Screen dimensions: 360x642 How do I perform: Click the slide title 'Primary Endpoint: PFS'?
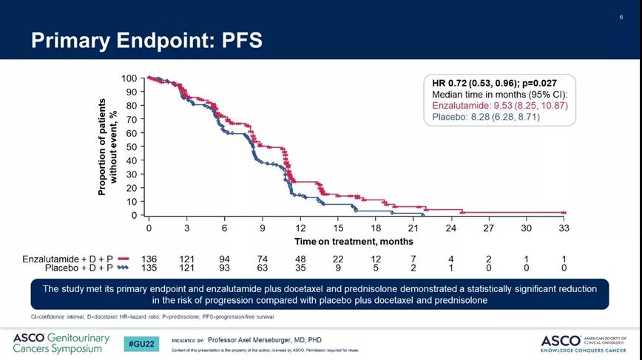[x=146, y=40]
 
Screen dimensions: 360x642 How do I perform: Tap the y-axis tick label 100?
[x=129, y=78]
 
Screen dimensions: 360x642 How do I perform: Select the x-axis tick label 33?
[x=564, y=228]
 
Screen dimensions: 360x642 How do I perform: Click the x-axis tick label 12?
[x=301, y=228]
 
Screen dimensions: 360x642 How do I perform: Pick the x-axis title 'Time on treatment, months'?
[x=354, y=242]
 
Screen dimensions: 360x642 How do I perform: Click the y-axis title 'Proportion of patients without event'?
[x=108, y=146]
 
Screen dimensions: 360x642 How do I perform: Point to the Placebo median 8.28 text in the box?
[x=486, y=117]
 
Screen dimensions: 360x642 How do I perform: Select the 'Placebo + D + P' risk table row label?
[x=76, y=268]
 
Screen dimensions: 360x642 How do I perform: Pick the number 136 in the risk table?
[x=149, y=259]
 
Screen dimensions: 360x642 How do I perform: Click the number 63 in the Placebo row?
[x=263, y=268]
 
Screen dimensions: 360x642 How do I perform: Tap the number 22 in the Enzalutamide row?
[x=338, y=259]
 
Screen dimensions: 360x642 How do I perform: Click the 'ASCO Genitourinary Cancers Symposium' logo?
[x=61, y=343]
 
